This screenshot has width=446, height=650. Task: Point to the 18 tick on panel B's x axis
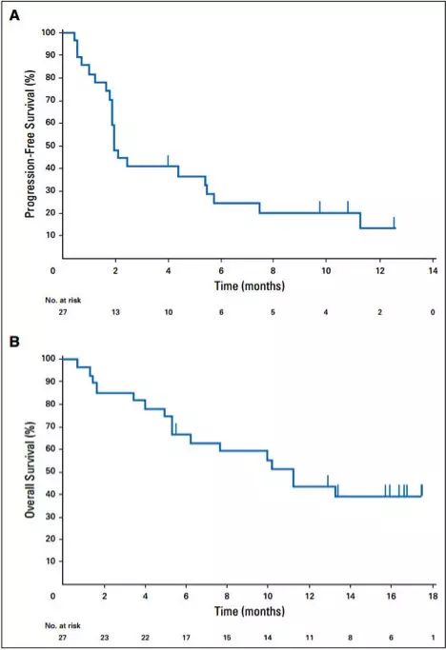coord(432,596)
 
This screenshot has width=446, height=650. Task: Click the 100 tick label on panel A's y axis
coord(48,32)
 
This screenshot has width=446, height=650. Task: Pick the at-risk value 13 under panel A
coord(115,311)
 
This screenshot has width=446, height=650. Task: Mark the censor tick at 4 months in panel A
coord(168,159)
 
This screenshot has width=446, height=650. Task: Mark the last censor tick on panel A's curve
coord(394,222)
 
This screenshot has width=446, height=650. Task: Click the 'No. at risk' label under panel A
coord(62,299)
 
